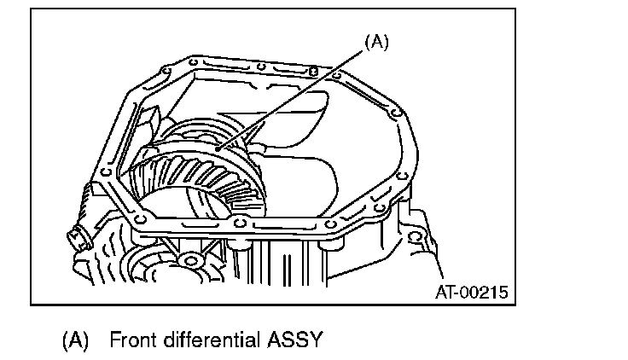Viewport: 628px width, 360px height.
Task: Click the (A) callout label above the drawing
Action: click(x=376, y=42)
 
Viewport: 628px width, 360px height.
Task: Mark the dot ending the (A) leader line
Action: click(x=219, y=148)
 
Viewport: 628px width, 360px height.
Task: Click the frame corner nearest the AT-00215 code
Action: click(x=515, y=302)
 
